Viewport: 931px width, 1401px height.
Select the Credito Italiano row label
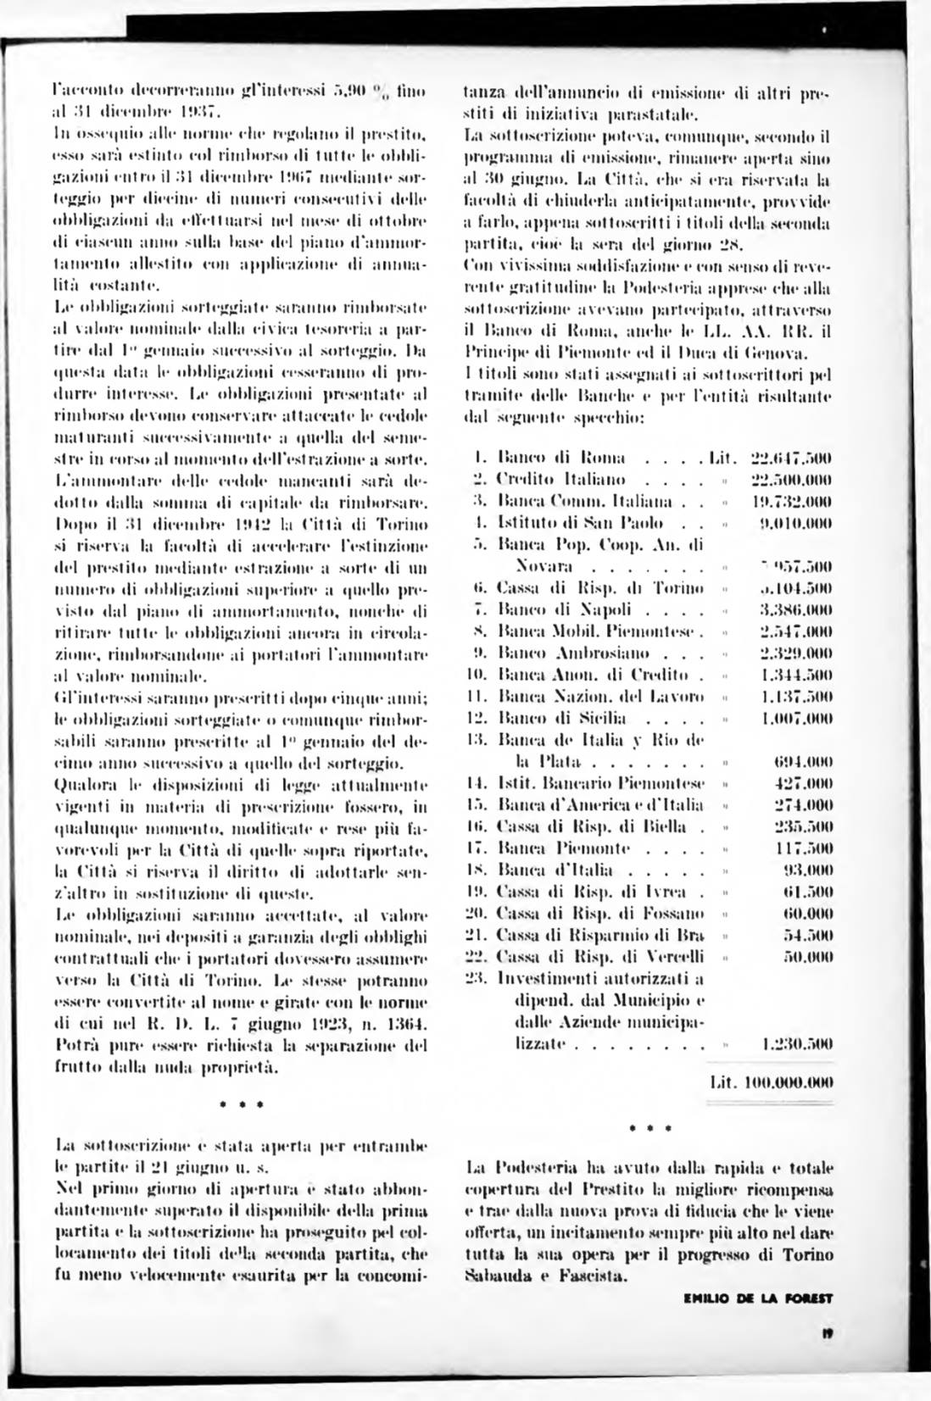click(x=560, y=479)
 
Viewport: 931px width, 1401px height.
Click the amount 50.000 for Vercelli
click(x=811, y=956)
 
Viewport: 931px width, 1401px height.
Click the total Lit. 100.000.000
click(x=771, y=1082)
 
